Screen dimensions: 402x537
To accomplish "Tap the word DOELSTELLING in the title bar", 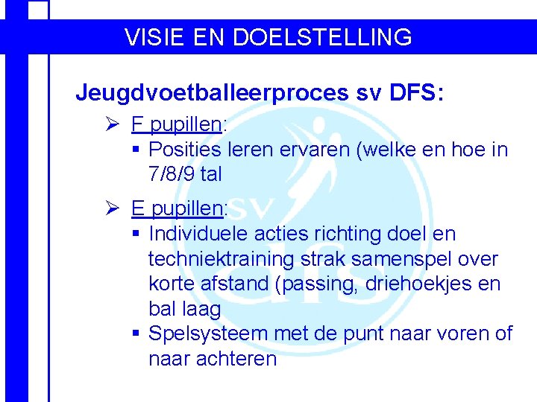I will click(x=323, y=36).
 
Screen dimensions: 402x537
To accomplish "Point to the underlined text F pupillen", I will click(x=177, y=124).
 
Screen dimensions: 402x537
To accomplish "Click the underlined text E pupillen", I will click(x=178, y=208).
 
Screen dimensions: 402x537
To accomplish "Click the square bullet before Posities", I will click(x=136, y=150).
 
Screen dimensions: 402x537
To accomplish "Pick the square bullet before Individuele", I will click(x=136, y=234).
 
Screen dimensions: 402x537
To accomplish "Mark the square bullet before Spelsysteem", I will click(x=136, y=334).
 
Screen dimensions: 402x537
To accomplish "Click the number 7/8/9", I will click(x=173, y=174).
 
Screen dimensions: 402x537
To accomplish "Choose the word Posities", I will click(x=183, y=150).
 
